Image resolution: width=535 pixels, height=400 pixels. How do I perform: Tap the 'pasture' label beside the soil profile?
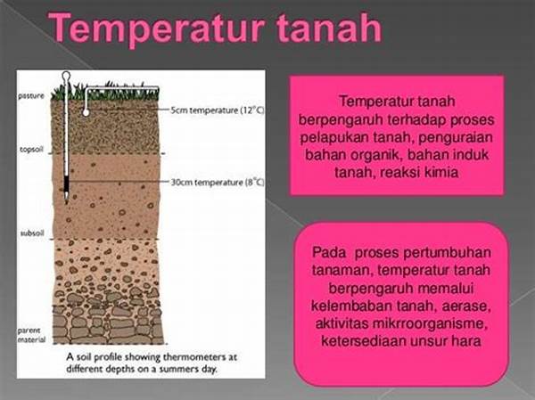coord(31,96)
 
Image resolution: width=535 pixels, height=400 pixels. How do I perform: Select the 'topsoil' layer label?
coord(31,150)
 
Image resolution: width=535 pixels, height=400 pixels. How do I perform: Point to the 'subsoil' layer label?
coord(32,233)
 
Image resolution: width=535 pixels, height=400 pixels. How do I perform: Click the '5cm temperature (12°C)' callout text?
coord(218,110)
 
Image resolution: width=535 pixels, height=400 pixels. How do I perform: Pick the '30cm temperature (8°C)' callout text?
coord(218,183)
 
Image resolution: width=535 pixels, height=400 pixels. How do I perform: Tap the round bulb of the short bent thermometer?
coord(86,112)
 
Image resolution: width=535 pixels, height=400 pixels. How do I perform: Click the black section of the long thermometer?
coord(66,184)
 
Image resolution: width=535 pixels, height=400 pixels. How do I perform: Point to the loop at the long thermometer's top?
coord(66,74)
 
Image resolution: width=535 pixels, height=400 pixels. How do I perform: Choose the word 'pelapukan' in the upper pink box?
coord(333,138)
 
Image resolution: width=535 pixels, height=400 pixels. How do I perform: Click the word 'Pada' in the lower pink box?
coord(329,253)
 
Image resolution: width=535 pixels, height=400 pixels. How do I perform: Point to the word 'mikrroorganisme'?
coord(428,323)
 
